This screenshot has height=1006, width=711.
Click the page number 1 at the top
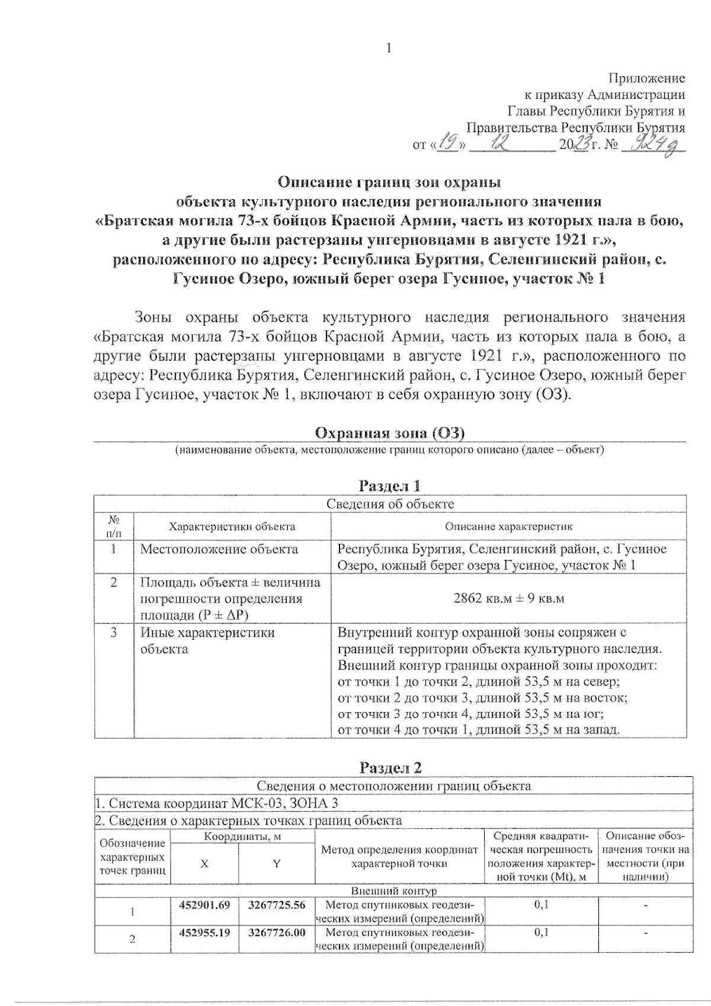[x=389, y=49]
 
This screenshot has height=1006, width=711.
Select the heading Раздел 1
[x=390, y=486]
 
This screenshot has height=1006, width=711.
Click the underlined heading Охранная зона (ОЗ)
[x=390, y=433]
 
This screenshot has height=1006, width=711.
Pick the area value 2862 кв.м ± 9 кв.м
[x=508, y=598]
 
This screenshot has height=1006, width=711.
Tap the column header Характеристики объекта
[x=232, y=526]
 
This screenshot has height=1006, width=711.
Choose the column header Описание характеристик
[x=508, y=526]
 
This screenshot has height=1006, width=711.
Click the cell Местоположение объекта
[x=219, y=549]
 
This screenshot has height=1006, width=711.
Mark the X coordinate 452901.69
[x=204, y=905]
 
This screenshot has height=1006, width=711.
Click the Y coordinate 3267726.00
[x=277, y=932]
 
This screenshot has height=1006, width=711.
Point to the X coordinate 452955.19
[x=204, y=932]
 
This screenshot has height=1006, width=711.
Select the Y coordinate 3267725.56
[x=277, y=905]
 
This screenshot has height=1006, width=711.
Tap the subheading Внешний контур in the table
[x=394, y=890]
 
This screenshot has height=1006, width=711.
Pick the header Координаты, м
[x=242, y=836]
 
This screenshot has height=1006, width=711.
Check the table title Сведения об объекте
[x=390, y=504]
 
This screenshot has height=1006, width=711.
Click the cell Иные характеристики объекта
[x=207, y=640]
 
